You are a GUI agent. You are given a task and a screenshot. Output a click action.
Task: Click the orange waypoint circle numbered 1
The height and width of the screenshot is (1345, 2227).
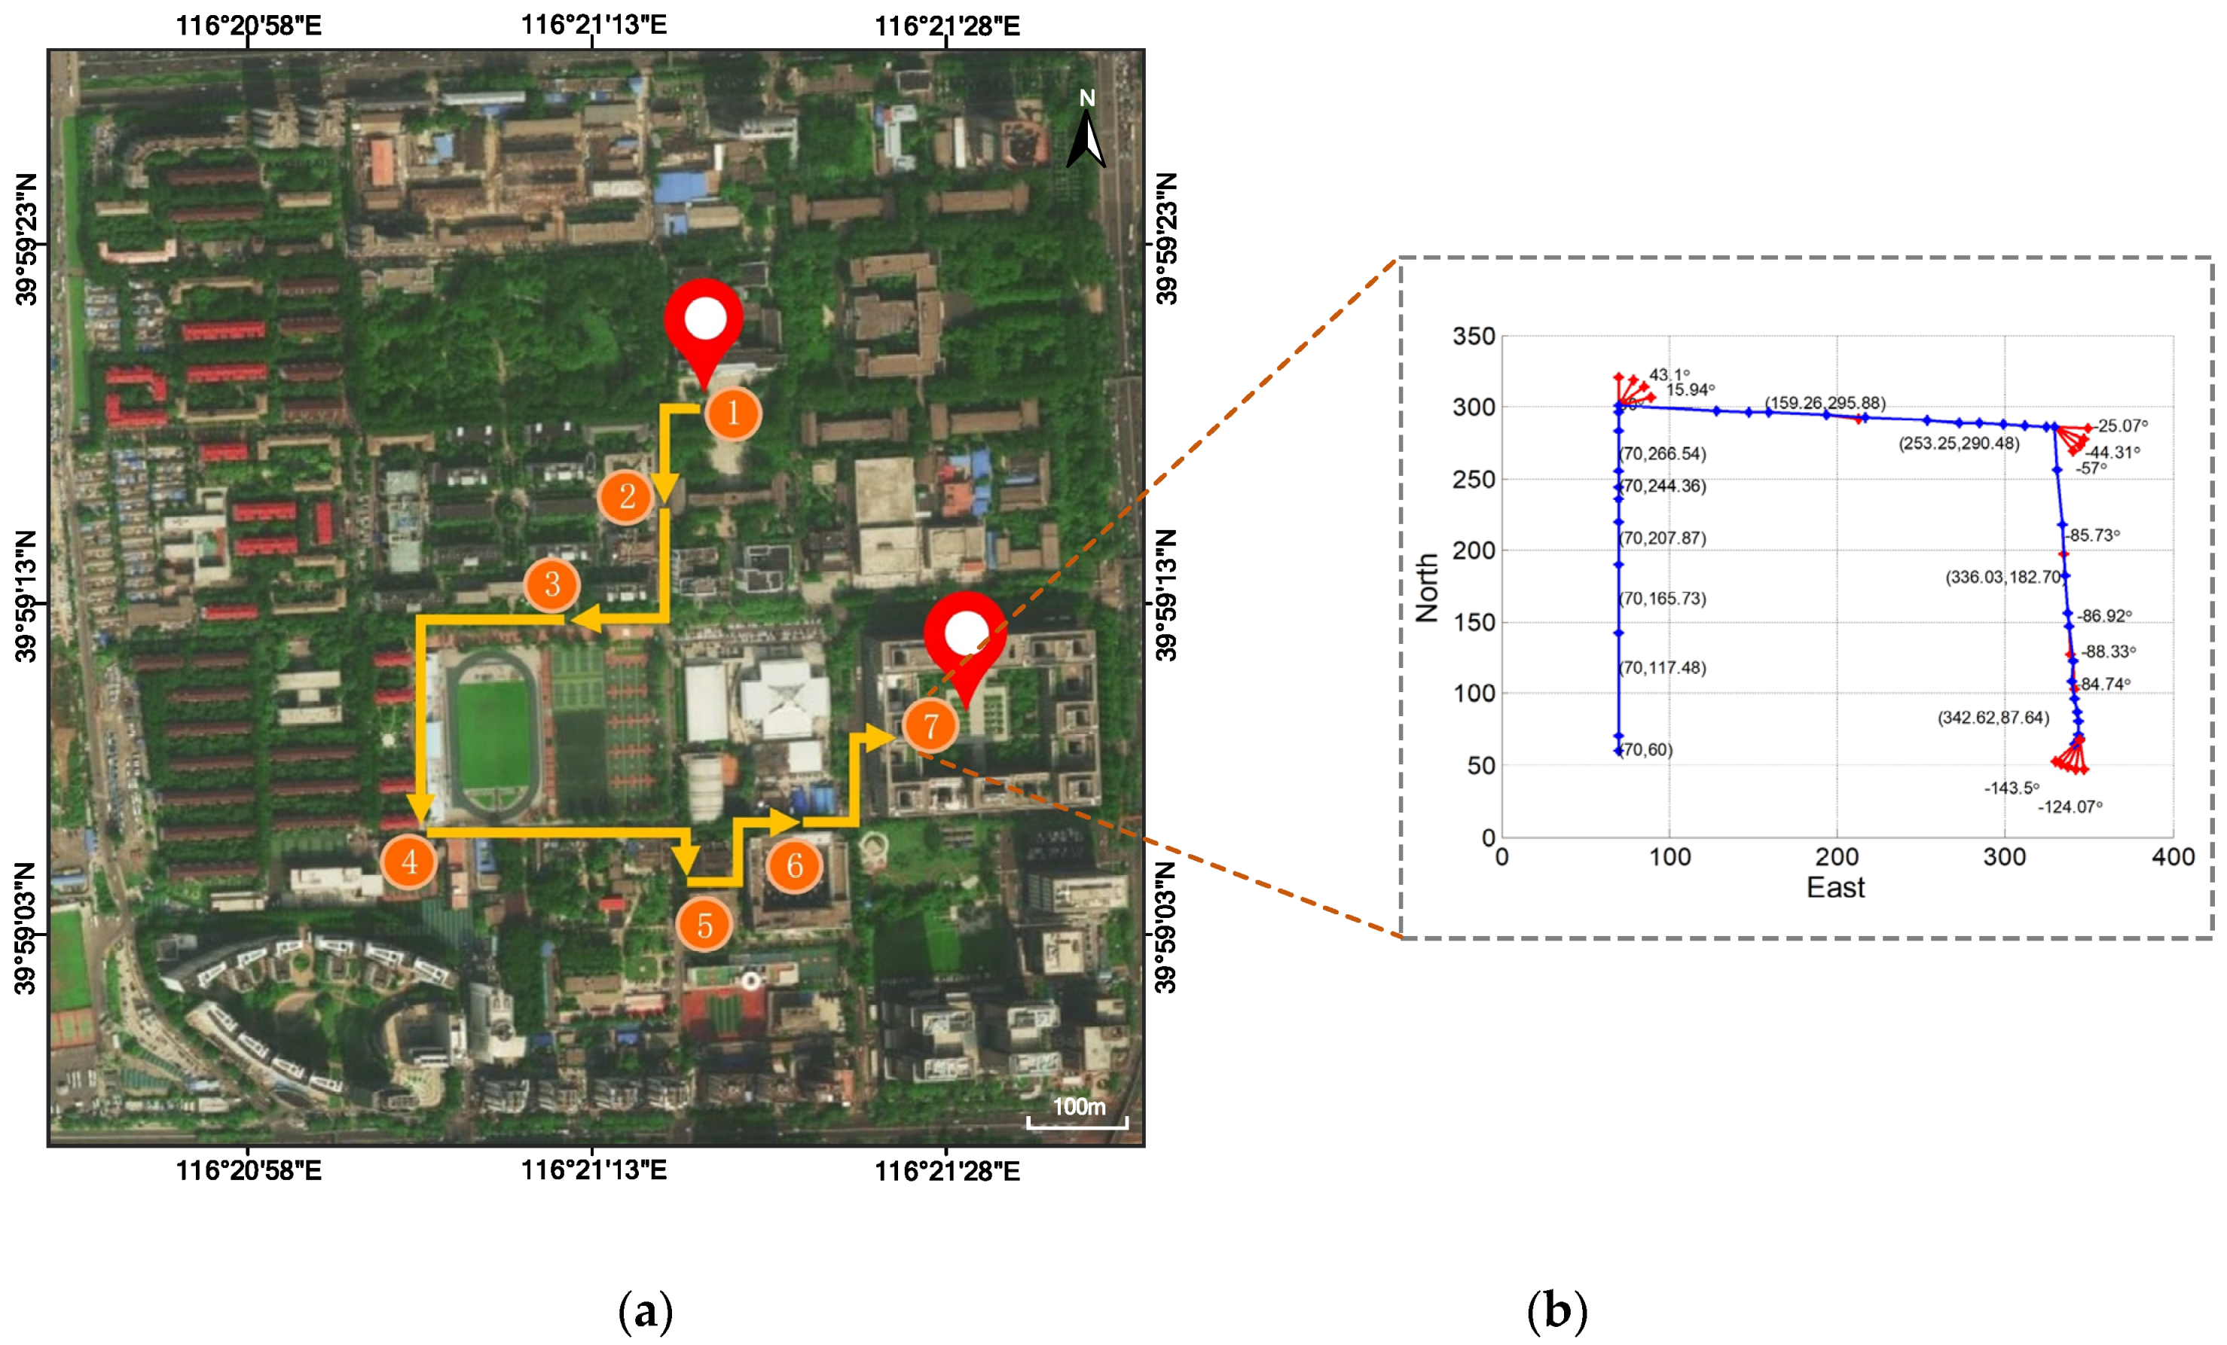[x=733, y=413]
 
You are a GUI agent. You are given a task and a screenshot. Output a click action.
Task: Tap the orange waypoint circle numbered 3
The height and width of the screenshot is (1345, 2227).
[x=552, y=584]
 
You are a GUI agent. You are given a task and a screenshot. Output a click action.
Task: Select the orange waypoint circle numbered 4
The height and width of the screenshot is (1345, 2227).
[x=409, y=862]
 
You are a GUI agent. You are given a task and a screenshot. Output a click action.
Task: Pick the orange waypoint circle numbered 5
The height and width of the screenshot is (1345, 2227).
[x=704, y=925]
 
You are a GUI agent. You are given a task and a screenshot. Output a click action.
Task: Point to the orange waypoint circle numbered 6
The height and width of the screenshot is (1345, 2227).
[x=795, y=865]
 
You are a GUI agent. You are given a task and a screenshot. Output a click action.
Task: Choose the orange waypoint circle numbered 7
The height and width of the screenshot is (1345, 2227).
[x=930, y=725]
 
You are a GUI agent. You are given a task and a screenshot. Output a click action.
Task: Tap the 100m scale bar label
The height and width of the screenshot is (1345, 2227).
[x=1078, y=1106]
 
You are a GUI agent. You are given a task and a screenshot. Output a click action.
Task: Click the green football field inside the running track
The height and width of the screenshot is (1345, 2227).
[x=493, y=734]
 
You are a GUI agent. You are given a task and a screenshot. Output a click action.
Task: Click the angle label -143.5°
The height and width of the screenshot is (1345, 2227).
[x=2011, y=788]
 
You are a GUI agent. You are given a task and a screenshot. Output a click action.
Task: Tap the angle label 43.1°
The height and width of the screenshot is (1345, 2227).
[x=1669, y=374]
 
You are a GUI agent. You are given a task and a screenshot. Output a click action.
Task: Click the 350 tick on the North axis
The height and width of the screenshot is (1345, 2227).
[x=1473, y=336]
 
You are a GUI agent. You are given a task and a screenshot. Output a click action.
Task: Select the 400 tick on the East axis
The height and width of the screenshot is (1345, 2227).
[x=2173, y=856]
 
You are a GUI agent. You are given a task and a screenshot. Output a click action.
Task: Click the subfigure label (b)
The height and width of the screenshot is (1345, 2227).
[x=1556, y=1310]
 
